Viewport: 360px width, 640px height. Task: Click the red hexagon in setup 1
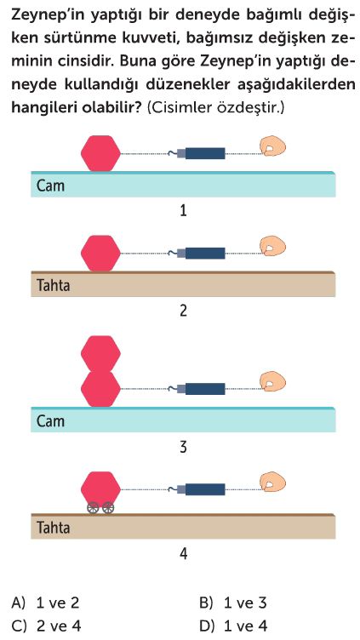click(100, 153)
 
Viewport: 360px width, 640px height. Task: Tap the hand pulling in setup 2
click(272, 246)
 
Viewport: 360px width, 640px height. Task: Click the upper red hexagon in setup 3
click(100, 352)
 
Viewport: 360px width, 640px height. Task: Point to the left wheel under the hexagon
click(94, 508)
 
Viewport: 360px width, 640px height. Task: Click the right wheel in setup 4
click(108, 508)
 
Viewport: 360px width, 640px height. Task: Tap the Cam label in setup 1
click(50, 186)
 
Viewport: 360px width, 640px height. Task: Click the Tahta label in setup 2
click(53, 285)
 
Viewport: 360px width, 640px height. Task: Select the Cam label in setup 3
click(50, 420)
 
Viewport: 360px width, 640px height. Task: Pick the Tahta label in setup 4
click(53, 528)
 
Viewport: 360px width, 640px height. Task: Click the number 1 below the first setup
click(183, 211)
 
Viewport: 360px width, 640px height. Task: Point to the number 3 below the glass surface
click(183, 448)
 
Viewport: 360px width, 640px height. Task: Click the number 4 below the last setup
click(183, 554)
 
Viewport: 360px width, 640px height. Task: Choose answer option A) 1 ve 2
click(45, 603)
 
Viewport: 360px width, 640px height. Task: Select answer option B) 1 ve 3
click(233, 603)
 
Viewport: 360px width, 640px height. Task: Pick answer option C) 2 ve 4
click(46, 626)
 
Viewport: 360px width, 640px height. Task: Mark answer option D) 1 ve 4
click(233, 626)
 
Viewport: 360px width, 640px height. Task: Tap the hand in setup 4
click(272, 483)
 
